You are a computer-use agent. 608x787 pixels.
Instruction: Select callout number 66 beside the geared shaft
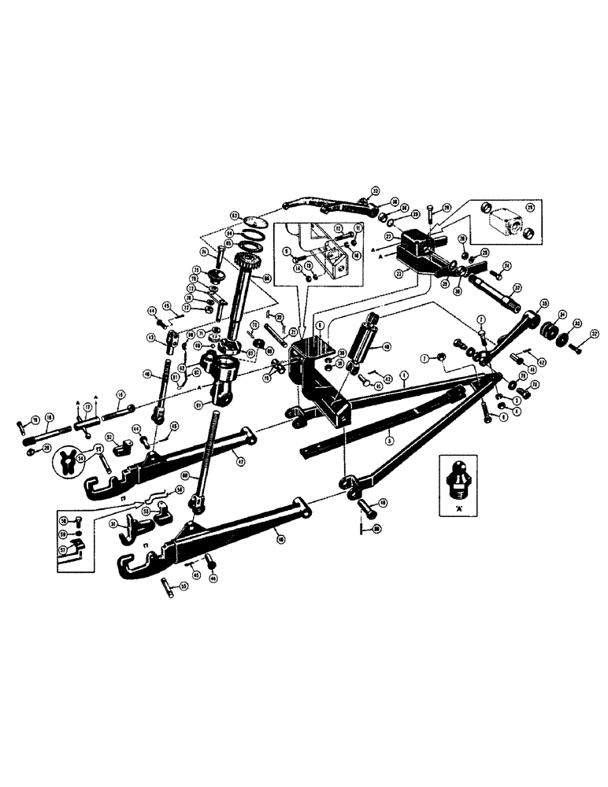[x=266, y=278]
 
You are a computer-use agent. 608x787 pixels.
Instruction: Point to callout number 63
[x=234, y=215]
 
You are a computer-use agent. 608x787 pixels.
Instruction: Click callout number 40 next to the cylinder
[x=385, y=346]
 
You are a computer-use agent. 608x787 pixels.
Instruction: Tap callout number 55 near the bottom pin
[x=184, y=587]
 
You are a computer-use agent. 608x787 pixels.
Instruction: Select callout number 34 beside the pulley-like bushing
[x=562, y=317]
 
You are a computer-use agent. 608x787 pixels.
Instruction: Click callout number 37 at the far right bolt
[x=594, y=334]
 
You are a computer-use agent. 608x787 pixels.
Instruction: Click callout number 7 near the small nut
[x=423, y=358]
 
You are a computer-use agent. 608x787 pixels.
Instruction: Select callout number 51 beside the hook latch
[x=114, y=525]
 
